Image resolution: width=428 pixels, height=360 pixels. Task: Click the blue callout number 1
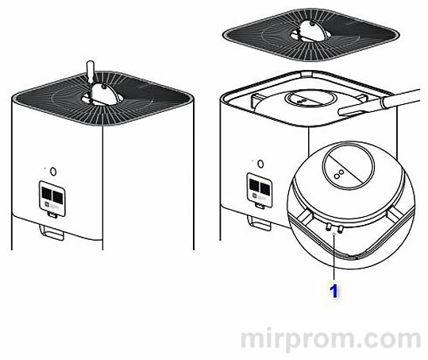click(x=334, y=292)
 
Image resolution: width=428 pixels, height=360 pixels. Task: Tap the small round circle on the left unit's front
click(x=52, y=170)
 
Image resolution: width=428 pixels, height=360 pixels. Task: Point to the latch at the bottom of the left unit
click(x=52, y=234)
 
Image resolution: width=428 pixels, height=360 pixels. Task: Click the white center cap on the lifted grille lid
click(x=309, y=31)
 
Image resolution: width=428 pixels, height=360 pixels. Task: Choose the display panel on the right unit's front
click(x=260, y=188)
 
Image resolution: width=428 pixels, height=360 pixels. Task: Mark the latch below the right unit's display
click(x=258, y=222)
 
